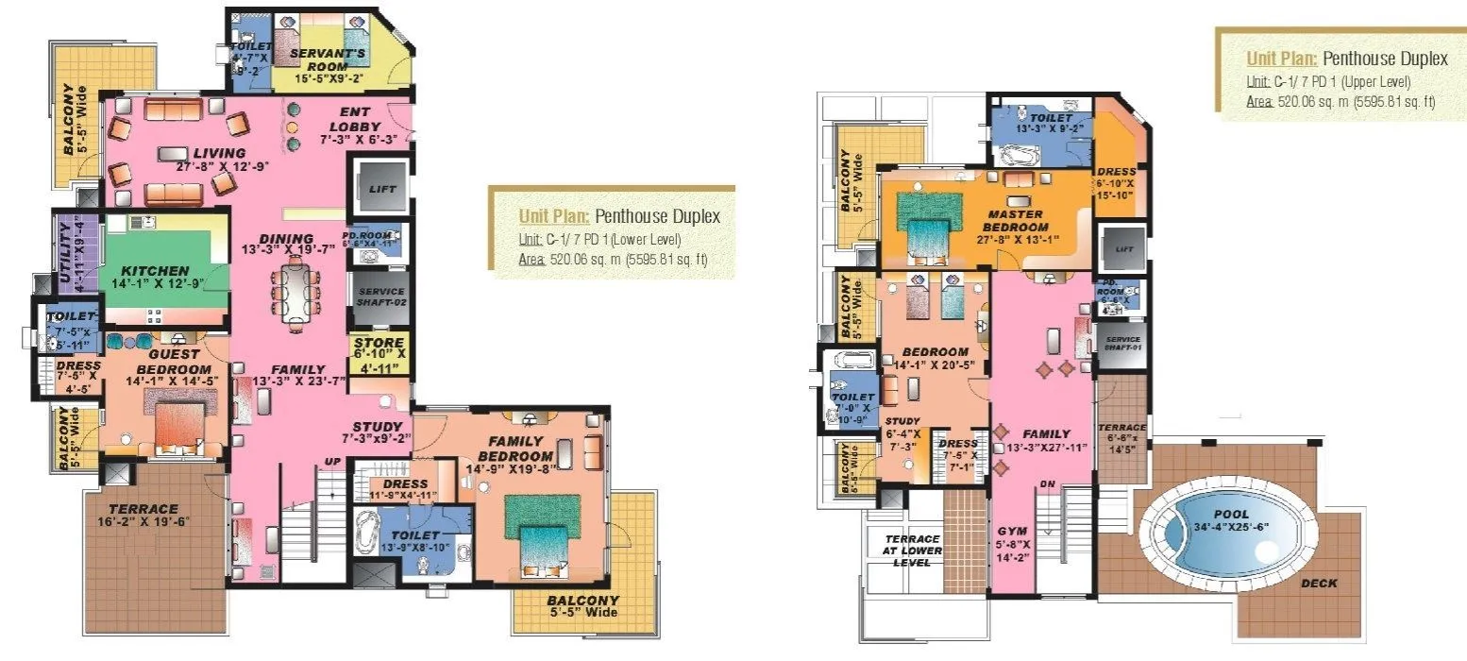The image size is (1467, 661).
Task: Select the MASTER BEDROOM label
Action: point(1015,221)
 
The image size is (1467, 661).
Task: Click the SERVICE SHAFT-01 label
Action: point(1121,344)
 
